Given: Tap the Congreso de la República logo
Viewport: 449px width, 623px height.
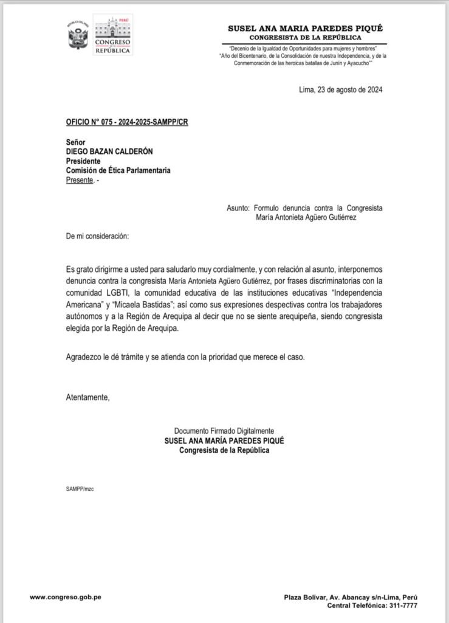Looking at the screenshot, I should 113,35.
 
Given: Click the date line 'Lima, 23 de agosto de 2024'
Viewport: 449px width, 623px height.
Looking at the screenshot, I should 341,90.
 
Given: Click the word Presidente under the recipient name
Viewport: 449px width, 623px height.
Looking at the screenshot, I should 85,161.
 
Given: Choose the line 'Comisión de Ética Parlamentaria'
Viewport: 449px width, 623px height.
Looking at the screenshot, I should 118,171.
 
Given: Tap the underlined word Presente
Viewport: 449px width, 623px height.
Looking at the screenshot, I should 80,181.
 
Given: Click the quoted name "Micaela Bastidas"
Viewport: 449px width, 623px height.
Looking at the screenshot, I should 143,302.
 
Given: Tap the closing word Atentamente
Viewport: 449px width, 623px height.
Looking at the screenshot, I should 88,397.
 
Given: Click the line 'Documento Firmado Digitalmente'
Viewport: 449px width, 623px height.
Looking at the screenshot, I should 224,430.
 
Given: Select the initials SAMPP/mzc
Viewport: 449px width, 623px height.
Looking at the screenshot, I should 80,488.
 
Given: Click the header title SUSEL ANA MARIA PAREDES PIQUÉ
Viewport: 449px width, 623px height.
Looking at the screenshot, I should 305,29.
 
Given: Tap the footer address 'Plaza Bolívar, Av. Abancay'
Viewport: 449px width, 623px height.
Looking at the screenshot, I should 335,597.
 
